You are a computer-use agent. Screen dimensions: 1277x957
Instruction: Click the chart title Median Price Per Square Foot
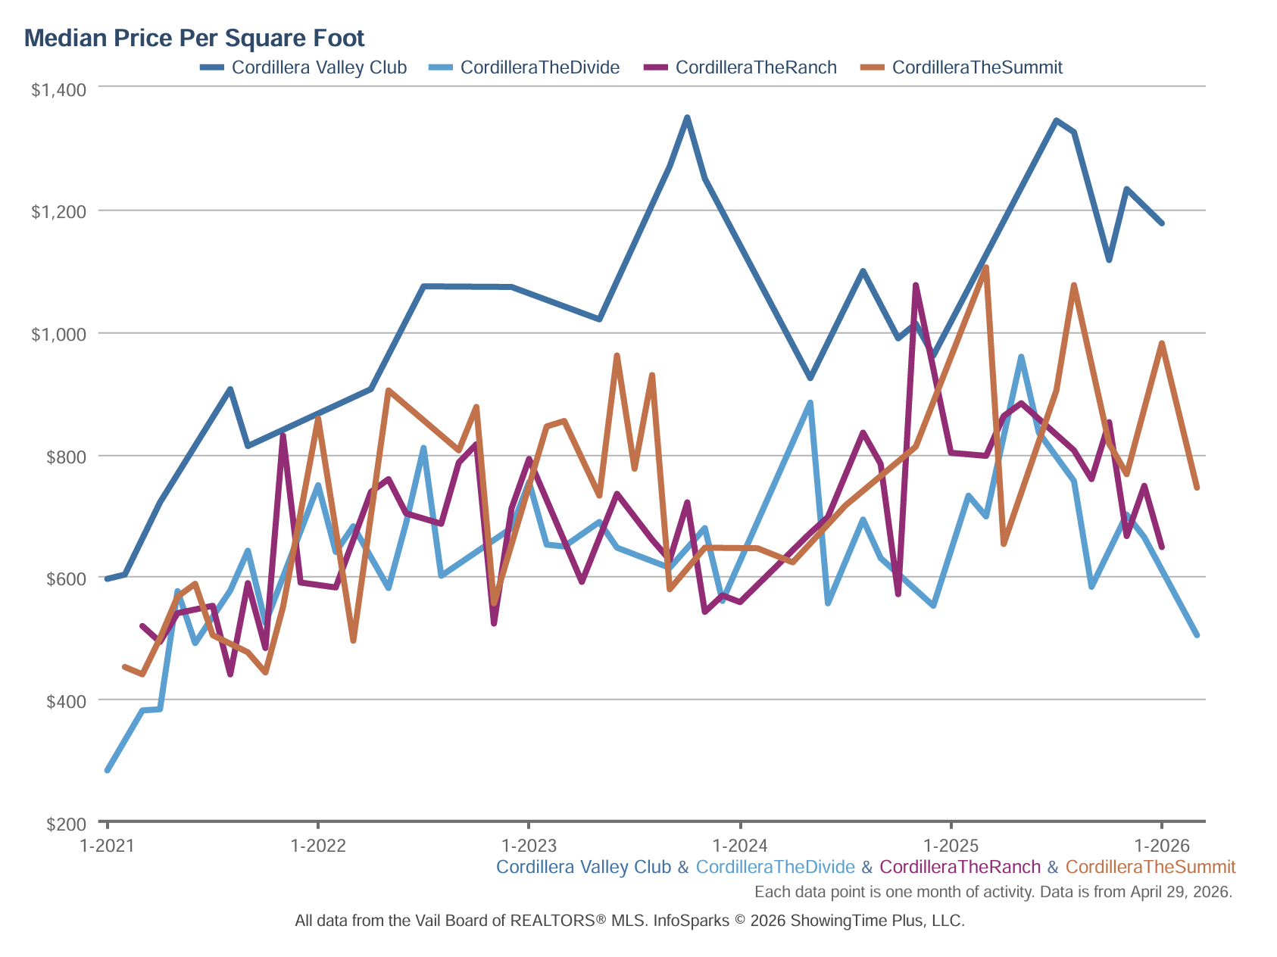(x=195, y=38)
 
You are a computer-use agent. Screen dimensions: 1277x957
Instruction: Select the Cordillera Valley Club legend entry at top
(x=304, y=67)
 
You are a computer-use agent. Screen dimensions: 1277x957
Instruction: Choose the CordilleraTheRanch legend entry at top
(x=741, y=67)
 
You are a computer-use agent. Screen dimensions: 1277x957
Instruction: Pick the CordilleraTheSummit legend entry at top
(x=962, y=67)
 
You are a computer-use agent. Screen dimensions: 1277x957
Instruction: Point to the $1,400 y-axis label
(x=58, y=89)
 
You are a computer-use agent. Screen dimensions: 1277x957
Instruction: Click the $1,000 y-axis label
(x=58, y=334)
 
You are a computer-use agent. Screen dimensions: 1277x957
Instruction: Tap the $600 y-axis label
(x=66, y=578)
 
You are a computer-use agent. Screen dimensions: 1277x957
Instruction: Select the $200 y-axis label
(x=66, y=824)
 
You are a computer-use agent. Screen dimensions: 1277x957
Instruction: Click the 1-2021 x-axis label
(x=107, y=845)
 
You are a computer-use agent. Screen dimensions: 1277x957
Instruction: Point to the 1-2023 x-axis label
(x=529, y=845)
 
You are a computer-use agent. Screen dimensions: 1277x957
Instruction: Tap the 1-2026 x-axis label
(x=1162, y=845)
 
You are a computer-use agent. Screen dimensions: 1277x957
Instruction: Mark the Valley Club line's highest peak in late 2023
(x=687, y=117)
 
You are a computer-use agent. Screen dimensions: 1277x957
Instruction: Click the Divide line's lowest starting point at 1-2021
(x=108, y=770)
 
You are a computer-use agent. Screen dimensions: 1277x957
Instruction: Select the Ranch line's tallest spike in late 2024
(x=916, y=285)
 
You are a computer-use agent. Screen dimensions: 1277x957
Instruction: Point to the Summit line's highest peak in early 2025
(x=986, y=267)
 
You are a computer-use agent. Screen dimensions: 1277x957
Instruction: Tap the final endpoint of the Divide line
(x=1197, y=634)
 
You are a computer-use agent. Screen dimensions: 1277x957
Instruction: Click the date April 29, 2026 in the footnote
(x=1181, y=892)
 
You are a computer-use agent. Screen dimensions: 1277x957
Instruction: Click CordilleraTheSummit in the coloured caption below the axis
(x=1151, y=867)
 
